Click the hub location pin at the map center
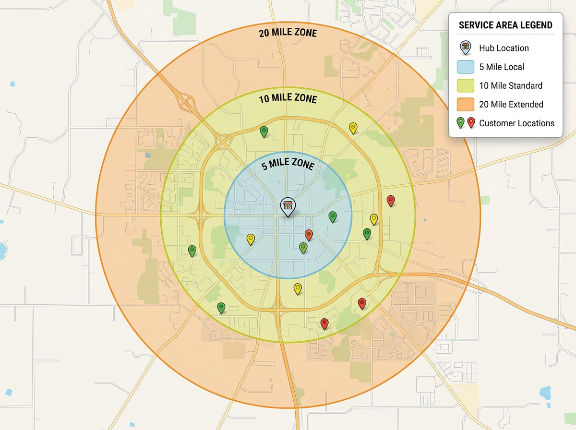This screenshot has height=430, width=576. point(288,207)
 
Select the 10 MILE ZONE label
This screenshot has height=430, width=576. point(288,99)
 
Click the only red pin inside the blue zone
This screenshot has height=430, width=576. point(309,235)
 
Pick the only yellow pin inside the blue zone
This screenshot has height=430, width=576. point(251,239)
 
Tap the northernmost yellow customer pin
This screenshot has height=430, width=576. point(353,128)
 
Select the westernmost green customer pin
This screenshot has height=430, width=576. point(192,251)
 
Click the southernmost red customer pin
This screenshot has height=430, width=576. point(324,323)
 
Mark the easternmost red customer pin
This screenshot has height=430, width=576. point(391,201)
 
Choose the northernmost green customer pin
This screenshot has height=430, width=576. point(264,131)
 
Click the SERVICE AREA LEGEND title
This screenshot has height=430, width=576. point(505,25)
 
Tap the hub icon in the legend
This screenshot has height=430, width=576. point(465,48)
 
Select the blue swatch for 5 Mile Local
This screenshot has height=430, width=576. point(465,67)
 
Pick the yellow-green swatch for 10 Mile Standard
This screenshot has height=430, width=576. point(465,85)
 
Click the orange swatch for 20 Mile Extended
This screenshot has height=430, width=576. point(465,104)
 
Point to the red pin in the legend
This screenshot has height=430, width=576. point(471,122)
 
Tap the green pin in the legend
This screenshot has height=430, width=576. point(460,122)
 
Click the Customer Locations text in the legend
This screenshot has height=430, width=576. point(516,123)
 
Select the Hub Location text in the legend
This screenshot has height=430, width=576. point(504,48)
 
